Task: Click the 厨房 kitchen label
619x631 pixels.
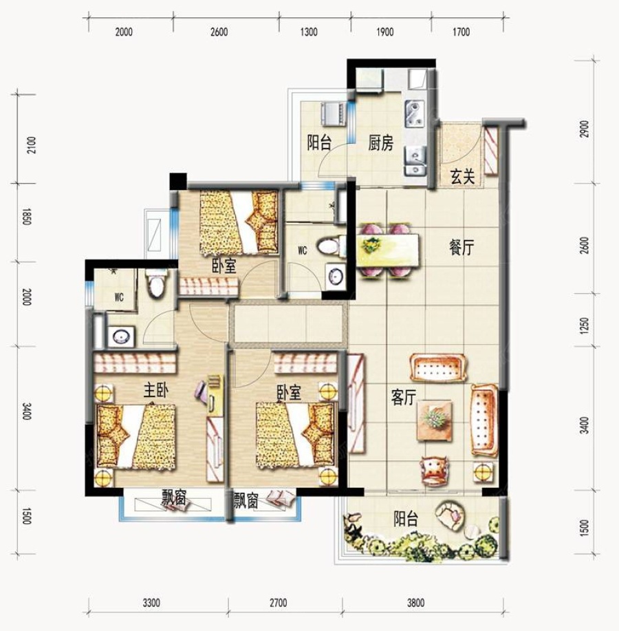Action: click(x=380, y=143)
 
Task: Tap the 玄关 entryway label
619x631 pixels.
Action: click(x=463, y=177)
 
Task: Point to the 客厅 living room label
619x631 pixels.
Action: click(x=404, y=398)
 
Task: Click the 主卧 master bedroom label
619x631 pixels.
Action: click(x=156, y=390)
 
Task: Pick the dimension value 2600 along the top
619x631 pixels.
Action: click(x=219, y=32)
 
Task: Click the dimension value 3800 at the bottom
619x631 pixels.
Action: click(x=415, y=603)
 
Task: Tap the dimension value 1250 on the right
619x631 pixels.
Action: click(x=585, y=325)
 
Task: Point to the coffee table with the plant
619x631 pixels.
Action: click(x=435, y=420)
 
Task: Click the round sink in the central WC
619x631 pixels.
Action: click(x=336, y=276)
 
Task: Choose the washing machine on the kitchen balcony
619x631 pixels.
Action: click(x=332, y=114)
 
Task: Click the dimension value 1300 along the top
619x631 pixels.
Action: click(x=309, y=32)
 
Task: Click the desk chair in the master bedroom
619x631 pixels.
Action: click(x=201, y=390)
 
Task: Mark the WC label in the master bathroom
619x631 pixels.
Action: click(x=119, y=298)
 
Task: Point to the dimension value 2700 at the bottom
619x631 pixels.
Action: click(x=279, y=603)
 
